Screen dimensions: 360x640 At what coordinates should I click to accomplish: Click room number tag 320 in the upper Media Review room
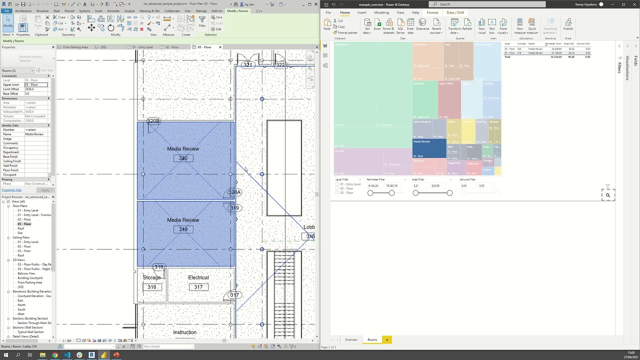tap(183, 158)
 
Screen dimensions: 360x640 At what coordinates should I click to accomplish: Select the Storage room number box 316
tap(151, 287)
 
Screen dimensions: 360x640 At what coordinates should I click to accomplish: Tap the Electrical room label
tap(198, 277)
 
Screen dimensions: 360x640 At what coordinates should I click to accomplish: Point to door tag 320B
tap(153, 121)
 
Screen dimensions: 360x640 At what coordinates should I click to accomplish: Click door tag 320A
tap(234, 192)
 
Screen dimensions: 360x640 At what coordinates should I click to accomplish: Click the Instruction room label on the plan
tap(184, 332)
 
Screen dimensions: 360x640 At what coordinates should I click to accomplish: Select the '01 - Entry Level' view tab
tap(142, 47)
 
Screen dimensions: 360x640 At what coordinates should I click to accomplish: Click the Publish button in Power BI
tap(568, 25)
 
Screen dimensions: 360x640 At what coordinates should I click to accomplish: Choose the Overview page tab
tap(351, 340)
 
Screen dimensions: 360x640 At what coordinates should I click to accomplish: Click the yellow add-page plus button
tap(386, 340)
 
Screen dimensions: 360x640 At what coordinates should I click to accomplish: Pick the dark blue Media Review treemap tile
tap(429, 148)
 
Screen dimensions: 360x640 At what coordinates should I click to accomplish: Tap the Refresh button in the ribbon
tap(467, 25)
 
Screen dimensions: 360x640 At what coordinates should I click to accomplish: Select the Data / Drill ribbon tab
tap(455, 12)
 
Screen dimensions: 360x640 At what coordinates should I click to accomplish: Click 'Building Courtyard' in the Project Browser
tap(30, 278)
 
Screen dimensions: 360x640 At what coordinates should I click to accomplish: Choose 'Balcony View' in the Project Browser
tap(26, 273)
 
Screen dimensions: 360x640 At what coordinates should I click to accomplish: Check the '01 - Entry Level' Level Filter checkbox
tap(337, 184)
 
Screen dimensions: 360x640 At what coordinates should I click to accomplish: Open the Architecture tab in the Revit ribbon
tap(23, 11)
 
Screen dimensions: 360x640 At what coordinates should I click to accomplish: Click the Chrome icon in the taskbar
tap(54, 355)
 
